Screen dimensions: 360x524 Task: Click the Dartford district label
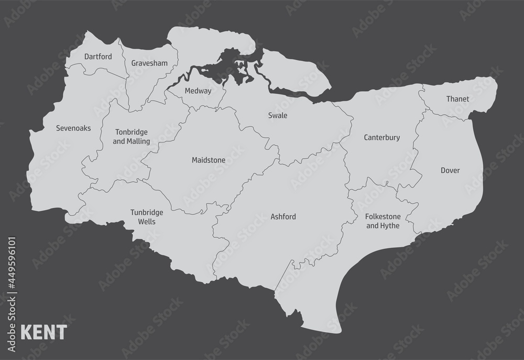coord(98,56)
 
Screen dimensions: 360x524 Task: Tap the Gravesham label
coord(149,63)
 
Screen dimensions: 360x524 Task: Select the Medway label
coord(198,91)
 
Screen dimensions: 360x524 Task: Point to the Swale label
coord(277,115)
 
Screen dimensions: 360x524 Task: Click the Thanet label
coord(457,99)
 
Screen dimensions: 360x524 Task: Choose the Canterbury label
coord(381,138)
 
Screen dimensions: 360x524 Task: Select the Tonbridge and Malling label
coord(132,137)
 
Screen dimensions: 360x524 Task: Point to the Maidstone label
coord(209,160)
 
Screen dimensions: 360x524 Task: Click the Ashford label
coord(283,216)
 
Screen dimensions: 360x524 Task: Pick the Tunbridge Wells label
coord(147,217)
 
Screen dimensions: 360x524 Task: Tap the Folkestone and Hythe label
coord(383,221)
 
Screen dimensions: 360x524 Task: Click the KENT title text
coord(43,332)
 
